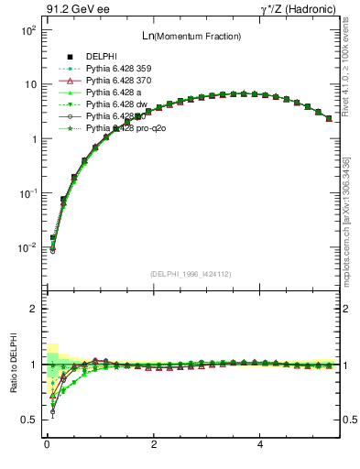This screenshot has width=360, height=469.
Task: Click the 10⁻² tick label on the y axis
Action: pyautogui.click(x=27, y=248)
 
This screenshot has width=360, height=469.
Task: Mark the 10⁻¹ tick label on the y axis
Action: pyautogui.click(x=27, y=193)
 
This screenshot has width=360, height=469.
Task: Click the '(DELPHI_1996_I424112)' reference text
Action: pyautogui.click(x=190, y=273)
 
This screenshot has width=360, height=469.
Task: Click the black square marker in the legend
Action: pyautogui.click(x=70, y=58)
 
